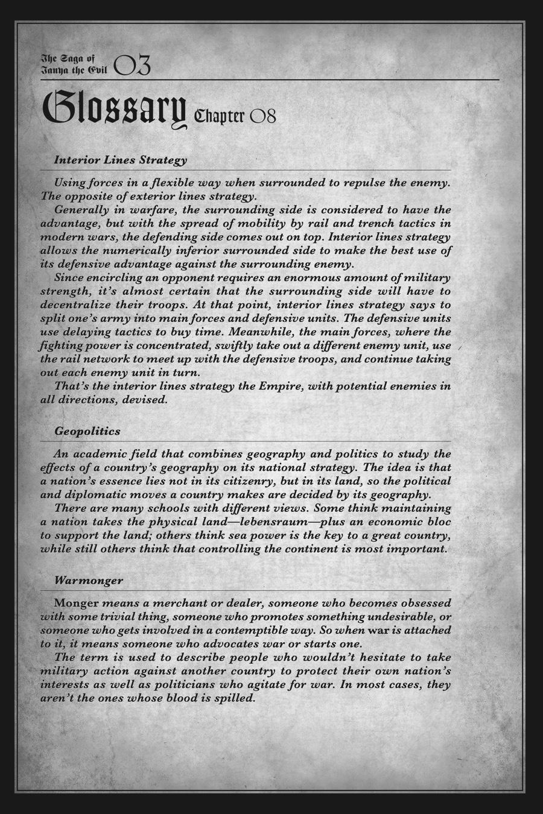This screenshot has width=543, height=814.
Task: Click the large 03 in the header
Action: click(132, 65)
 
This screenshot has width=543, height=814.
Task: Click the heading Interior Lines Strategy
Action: click(120, 160)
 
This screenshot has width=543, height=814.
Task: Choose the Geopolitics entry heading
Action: click(87, 431)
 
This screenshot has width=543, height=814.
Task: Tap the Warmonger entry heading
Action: click(89, 581)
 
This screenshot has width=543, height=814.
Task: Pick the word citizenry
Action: click(279, 481)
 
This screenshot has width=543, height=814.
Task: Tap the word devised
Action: click(145, 399)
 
